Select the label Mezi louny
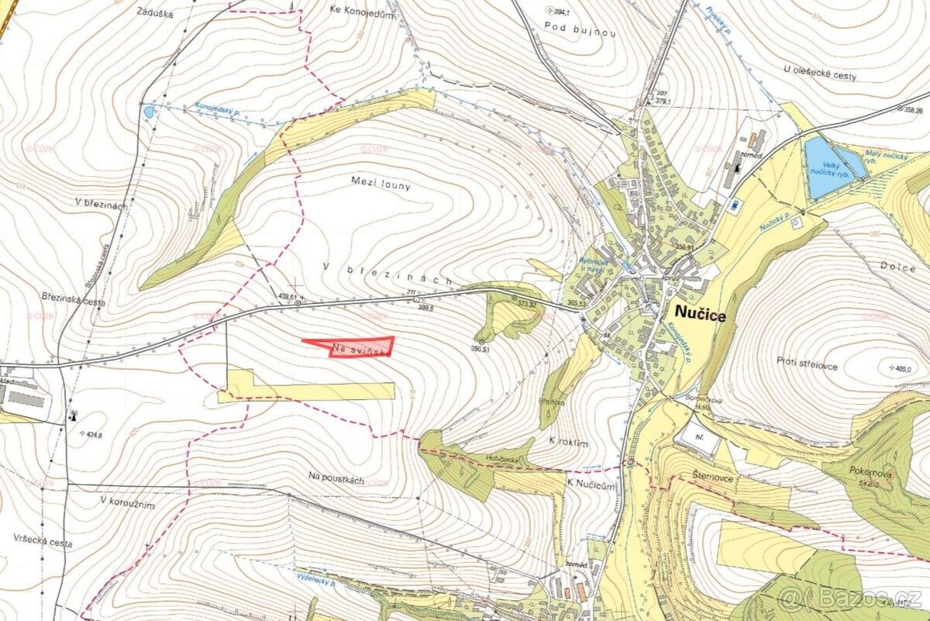coord(381,186)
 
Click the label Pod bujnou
coord(569,26)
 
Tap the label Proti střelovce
coord(807,364)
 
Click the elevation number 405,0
coord(901,368)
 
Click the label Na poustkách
coord(336,480)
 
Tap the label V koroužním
coord(128,502)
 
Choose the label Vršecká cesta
coord(43,543)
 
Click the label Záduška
coord(154,13)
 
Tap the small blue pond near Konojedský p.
coord(148,112)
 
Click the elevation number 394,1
coord(562,12)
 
